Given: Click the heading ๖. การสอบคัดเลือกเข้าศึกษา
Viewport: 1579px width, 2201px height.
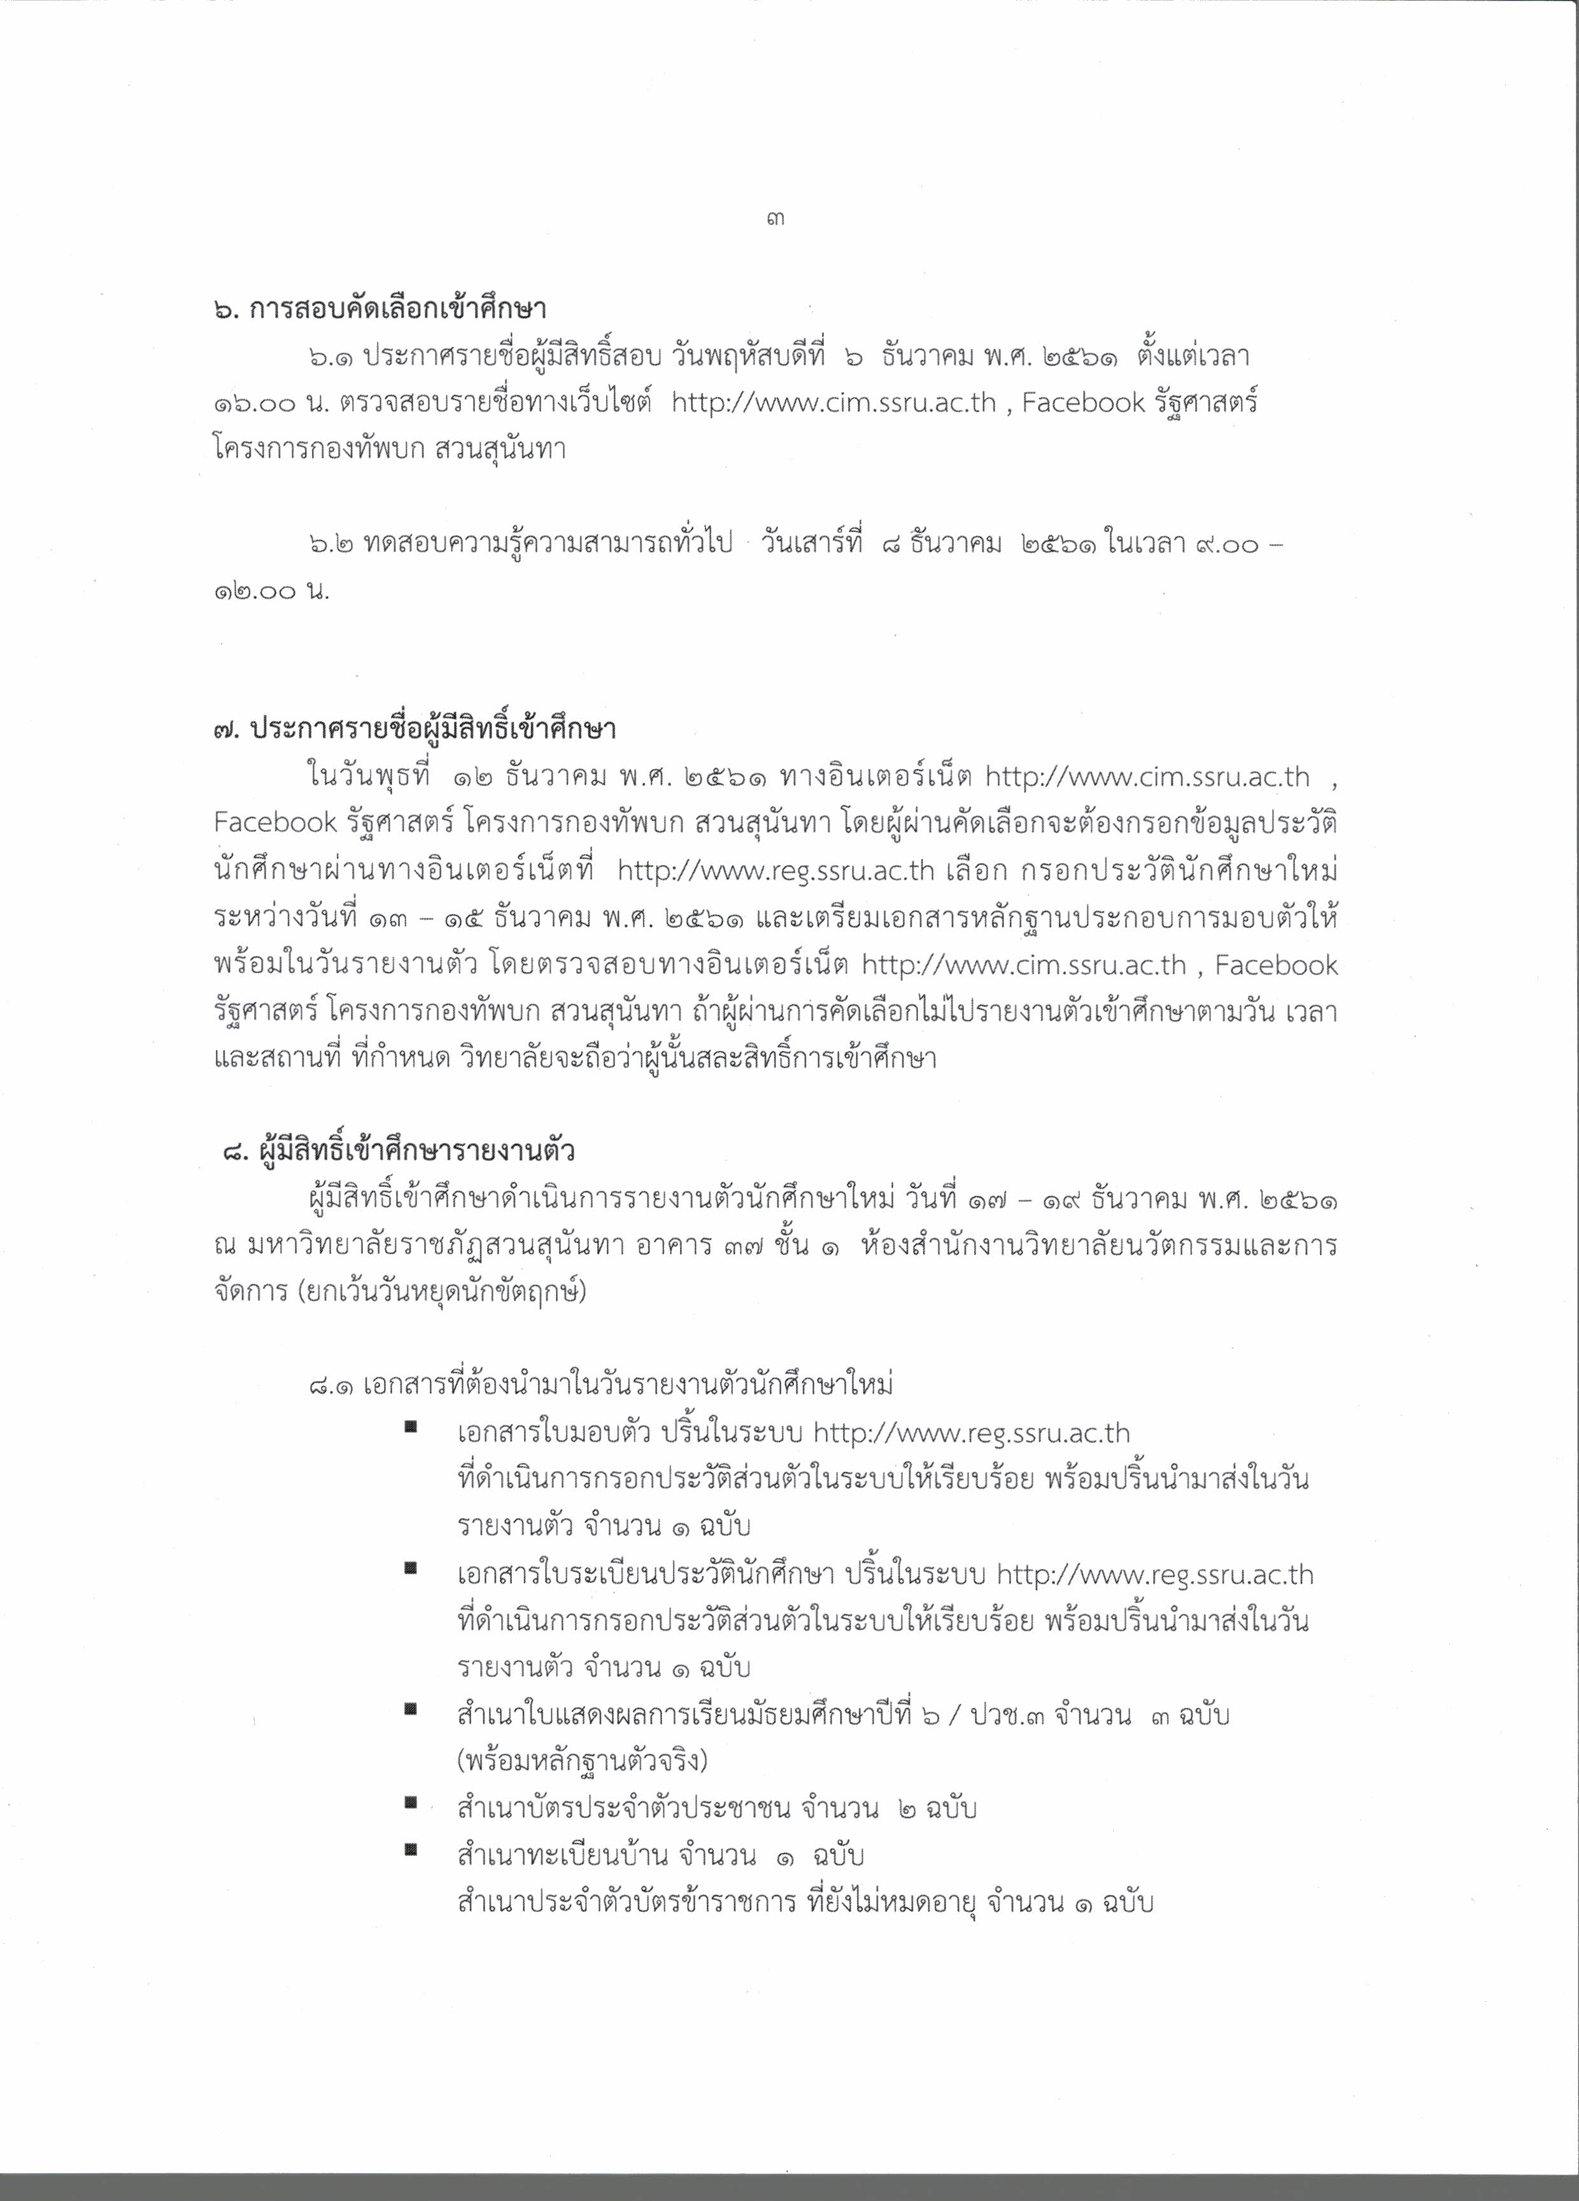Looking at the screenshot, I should tap(379, 311).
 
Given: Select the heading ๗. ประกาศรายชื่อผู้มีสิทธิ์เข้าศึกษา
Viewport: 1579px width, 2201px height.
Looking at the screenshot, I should tap(414, 730).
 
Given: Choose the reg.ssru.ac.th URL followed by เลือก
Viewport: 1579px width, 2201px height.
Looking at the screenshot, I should tap(775, 871).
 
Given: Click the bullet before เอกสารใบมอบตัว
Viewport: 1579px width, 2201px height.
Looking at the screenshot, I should tap(411, 1426).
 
